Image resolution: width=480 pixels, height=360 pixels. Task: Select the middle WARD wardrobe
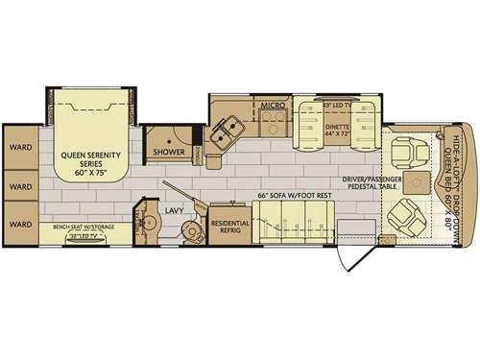[20, 185]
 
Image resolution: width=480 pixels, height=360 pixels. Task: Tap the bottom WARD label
[20, 222]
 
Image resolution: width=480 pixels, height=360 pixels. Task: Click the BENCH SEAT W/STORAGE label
[83, 228]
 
